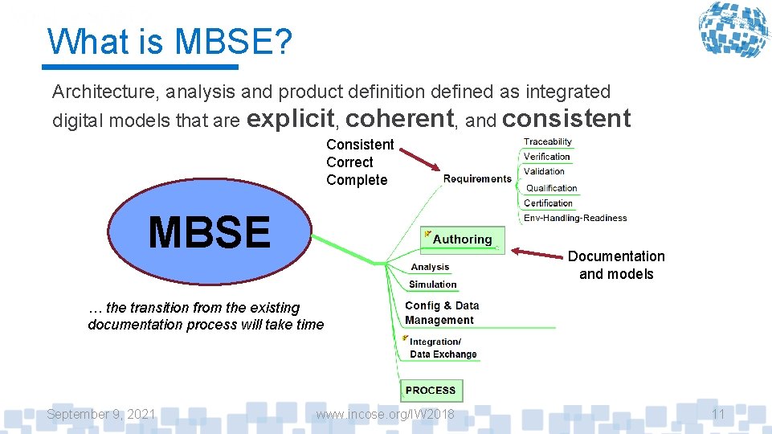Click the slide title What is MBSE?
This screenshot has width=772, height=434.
169,42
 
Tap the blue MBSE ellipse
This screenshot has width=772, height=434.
210,232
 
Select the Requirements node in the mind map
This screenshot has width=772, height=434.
477,178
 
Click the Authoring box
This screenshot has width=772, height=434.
462,240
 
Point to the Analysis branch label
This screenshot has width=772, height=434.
430,267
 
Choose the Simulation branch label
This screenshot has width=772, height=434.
432,285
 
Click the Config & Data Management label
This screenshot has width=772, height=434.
442,313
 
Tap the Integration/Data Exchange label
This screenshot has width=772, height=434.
443,348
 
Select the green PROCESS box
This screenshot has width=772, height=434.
431,391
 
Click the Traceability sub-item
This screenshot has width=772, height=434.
548,142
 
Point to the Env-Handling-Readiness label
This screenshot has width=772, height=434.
575,218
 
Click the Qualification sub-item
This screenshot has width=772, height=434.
551,188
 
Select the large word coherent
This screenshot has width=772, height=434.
400,119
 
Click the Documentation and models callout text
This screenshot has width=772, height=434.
616,265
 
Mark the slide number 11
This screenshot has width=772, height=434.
718,414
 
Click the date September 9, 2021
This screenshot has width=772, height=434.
101,414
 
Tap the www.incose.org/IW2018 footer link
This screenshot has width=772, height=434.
385,414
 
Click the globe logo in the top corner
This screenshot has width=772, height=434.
733,31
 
